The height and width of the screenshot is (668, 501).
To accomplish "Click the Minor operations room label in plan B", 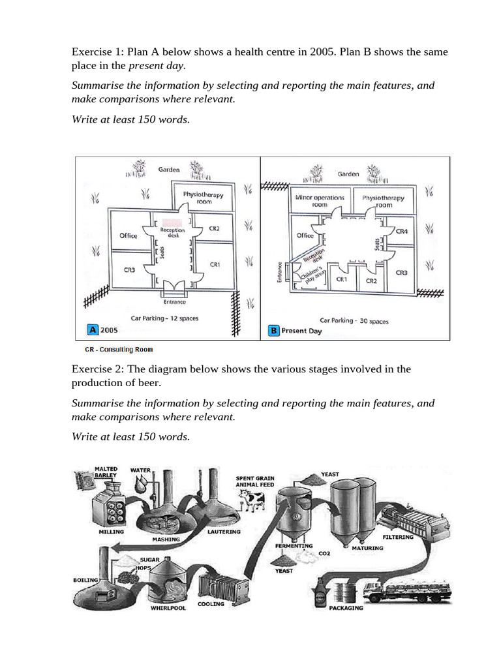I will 319,201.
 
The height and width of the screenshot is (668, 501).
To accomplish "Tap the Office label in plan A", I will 129,235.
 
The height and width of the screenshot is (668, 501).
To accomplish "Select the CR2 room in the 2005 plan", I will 215,229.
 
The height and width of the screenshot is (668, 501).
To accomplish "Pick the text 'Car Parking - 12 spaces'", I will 164,318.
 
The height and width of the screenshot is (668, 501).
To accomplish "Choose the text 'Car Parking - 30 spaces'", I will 354,320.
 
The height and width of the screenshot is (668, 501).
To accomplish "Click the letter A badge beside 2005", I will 94,330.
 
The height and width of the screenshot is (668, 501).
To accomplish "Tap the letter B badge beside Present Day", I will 274,331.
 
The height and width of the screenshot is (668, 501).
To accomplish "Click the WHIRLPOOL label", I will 168,608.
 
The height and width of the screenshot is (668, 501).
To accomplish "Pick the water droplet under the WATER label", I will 141,484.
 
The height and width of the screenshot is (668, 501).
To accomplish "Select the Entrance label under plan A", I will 174,302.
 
